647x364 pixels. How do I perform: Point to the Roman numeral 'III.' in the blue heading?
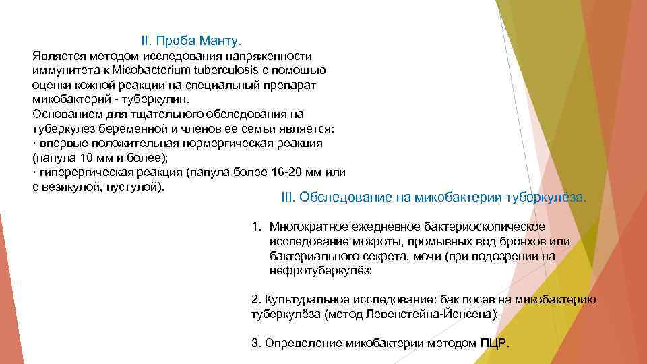coord(288,198)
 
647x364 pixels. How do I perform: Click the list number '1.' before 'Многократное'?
coord(257,227)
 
